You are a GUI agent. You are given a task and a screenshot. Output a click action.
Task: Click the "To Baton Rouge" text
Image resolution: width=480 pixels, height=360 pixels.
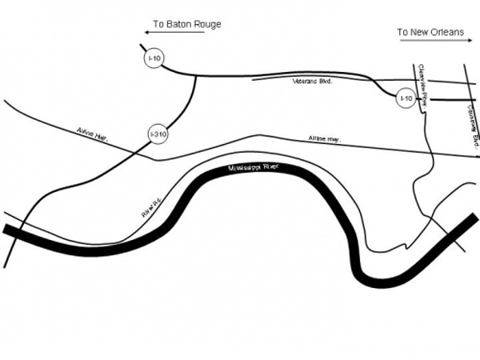click(187, 25)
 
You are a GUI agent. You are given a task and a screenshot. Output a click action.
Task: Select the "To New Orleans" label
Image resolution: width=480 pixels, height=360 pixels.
click(431, 32)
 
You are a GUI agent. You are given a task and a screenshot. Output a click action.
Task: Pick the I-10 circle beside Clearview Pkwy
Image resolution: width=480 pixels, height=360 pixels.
click(406, 98)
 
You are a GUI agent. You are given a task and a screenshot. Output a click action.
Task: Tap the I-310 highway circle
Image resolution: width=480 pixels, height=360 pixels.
click(158, 135)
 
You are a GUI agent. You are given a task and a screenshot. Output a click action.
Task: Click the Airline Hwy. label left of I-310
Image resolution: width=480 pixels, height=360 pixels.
click(92, 133)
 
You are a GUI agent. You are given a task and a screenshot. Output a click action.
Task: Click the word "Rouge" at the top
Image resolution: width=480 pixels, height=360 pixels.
click(206, 25)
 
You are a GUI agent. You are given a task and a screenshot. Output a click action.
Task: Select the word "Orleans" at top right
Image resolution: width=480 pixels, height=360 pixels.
click(447, 32)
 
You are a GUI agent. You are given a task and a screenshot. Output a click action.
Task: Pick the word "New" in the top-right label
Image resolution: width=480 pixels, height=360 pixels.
click(419, 32)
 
